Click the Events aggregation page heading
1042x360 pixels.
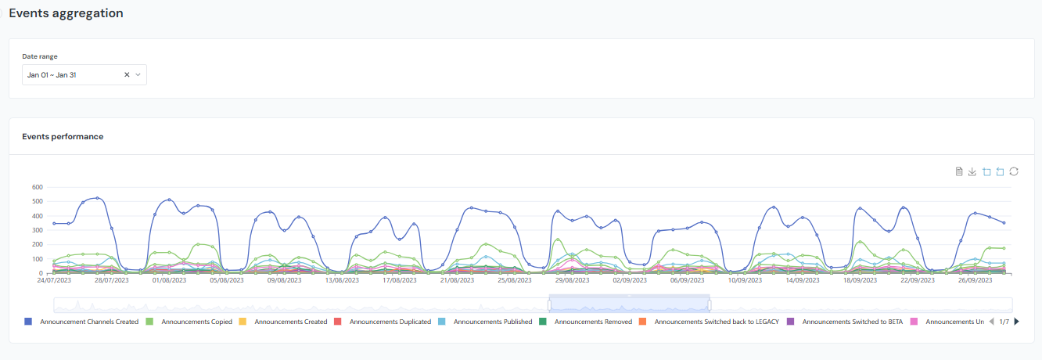coord(66,13)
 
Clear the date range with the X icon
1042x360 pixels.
coord(127,75)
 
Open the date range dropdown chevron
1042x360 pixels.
coord(138,75)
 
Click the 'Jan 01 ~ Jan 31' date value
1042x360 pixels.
coord(52,75)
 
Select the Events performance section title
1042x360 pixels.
coord(63,136)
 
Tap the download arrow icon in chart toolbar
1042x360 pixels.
coord(972,171)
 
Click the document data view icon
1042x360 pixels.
coord(959,171)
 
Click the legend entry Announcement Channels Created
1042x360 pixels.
coord(88,322)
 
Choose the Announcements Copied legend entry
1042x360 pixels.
coord(196,322)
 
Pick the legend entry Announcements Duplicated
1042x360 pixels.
coord(390,322)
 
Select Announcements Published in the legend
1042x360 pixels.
coord(492,322)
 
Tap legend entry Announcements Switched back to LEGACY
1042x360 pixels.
coord(716,322)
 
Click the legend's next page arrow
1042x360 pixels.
coord(1016,322)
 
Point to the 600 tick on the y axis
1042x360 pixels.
coord(36,187)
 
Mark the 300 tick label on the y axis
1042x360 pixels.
coord(36,230)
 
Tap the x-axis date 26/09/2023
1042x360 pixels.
coord(975,279)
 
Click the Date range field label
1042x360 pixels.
coord(39,56)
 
